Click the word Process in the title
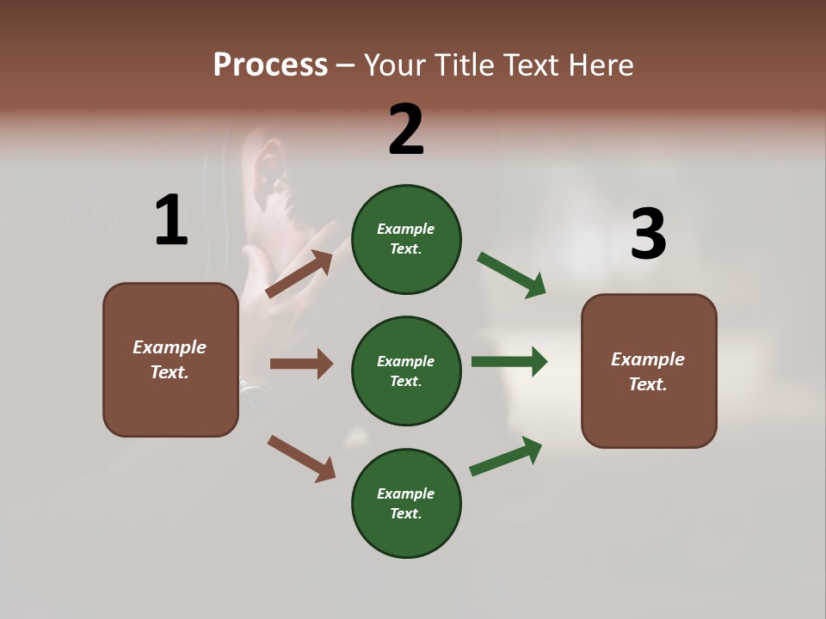pyautogui.click(x=270, y=64)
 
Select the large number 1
pyautogui.click(x=171, y=220)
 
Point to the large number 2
pyautogui.click(x=406, y=130)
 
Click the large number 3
pyautogui.click(x=648, y=234)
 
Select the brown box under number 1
pyautogui.click(x=170, y=359)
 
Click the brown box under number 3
pyautogui.click(x=649, y=371)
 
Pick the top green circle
pyautogui.click(x=406, y=239)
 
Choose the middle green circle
pyautogui.click(x=406, y=371)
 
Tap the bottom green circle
pyautogui.click(x=406, y=503)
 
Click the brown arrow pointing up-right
pyautogui.click(x=299, y=274)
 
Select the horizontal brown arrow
pyautogui.click(x=301, y=364)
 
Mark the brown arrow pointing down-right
pyautogui.click(x=301, y=458)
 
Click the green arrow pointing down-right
pyautogui.click(x=512, y=275)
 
